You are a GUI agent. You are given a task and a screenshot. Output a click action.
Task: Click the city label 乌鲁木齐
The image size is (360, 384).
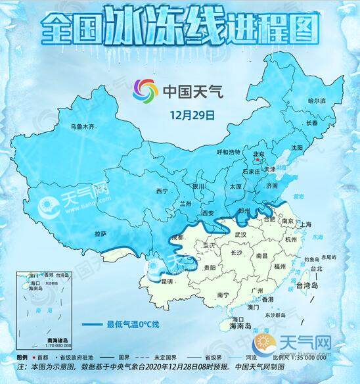(83, 125)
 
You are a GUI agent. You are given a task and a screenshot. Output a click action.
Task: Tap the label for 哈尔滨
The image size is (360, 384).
(317, 101)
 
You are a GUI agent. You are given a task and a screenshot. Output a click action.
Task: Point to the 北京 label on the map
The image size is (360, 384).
(260, 155)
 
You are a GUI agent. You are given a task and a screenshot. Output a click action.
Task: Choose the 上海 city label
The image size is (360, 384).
(305, 224)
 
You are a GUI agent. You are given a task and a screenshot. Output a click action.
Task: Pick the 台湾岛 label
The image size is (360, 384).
(306, 287)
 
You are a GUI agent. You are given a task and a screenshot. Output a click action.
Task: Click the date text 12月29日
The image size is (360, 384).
(192, 114)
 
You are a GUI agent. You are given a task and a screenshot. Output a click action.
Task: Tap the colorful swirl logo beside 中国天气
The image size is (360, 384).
(146, 89)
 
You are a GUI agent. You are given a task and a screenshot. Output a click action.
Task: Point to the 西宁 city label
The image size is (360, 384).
(162, 191)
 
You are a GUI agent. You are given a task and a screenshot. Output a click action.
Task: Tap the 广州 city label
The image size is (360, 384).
(252, 289)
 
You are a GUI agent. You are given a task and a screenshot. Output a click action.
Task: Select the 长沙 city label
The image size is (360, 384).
(236, 252)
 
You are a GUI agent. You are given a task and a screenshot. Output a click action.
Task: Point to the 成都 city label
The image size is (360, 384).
(177, 237)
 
